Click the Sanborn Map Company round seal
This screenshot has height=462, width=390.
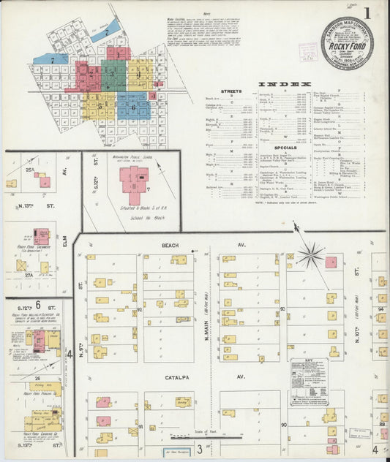click(x=346, y=42)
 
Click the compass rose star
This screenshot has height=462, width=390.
click(x=310, y=255)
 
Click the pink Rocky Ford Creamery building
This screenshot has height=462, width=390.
click(x=41, y=236)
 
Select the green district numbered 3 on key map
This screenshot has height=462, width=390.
click(x=113, y=75)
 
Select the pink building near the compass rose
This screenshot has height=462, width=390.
click(x=331, y=262)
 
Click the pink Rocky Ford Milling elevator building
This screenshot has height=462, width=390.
click(x=39, y=340)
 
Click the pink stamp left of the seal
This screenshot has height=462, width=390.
click(x=307, y=51)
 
